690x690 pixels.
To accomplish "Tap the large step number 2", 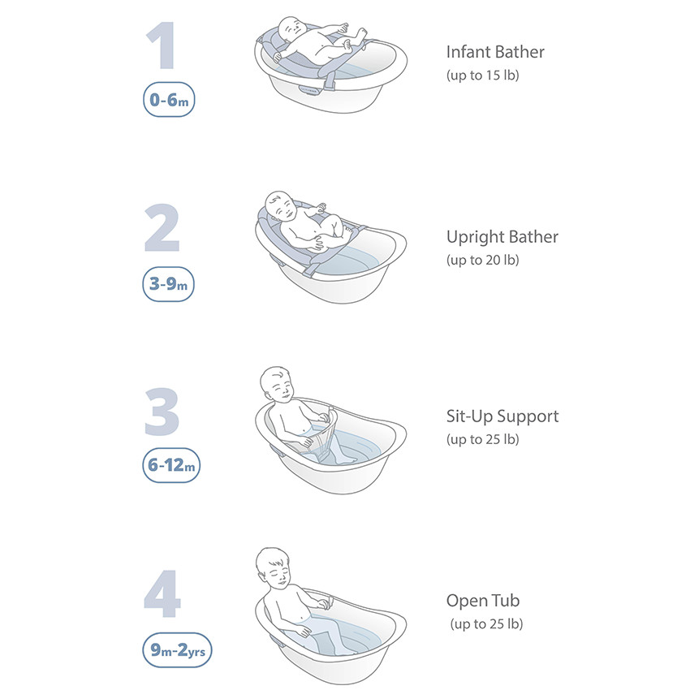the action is (x=162, y=227).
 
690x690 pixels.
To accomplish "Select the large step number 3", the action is (x=162, y=412).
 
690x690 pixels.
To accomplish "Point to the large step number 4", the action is (x=162, y=593).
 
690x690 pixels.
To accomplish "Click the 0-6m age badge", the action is (x=169, y=100).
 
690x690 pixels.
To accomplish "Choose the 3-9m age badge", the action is (x=169, y=284).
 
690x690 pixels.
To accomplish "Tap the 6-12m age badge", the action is (x=171, y=465).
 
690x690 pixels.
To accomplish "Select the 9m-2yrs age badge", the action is (x=177, y=650).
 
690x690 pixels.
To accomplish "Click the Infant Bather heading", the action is (x=495, y=52).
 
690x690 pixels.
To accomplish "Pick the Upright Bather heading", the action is (x=502, y=237).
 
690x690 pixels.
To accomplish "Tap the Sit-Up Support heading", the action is (x=502, y=416).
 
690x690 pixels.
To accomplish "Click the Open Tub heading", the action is (x=483, y=601).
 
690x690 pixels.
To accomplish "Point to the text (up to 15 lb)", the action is (x=483, y=75).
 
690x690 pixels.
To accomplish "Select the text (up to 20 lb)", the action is (x=483, y=260).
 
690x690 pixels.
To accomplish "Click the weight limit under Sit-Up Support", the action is (x=483, y=439).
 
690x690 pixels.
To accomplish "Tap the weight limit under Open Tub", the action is (x=486, y=624).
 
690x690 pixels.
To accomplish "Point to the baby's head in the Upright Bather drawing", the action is (x=281, y=207).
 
